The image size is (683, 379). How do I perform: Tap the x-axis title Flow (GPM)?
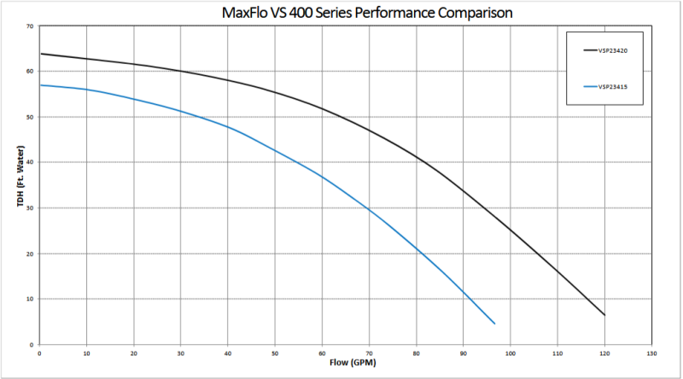click(x=347, y=362)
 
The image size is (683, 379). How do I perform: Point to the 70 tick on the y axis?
click(x=32, y=26)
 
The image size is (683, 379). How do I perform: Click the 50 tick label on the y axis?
click(x=32, y=117)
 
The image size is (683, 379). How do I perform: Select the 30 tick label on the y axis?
click(x=32, y=208)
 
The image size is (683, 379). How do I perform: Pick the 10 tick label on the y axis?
click(x=32, y=300)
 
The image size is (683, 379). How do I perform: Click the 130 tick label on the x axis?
click(x=651, y=353)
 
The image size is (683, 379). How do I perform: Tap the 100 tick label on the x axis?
click(x=510, y=353)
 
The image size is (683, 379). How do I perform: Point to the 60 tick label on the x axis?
click(x=322, y=353)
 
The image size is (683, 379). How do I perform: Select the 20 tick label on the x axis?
click(x=133, y=353)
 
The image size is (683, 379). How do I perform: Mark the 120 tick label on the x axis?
click(x=604, y=353)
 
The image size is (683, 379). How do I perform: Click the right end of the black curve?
click(x=604, y=315)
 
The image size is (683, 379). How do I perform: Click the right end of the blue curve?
click(x=494, y=324)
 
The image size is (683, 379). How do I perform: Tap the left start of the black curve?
click(x=40, y=54)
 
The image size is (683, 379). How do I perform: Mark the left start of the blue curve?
click(x=40, y=85)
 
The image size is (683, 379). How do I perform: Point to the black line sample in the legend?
click(x=589, y=50)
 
